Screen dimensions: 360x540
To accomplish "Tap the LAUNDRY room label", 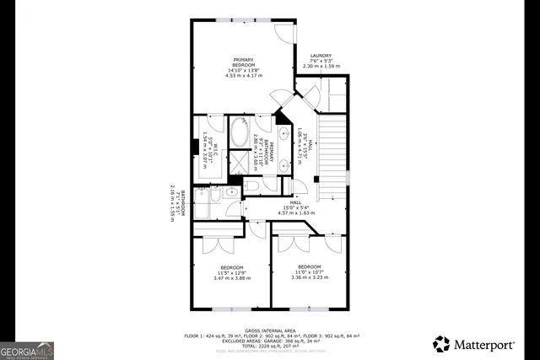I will tap(321, 56).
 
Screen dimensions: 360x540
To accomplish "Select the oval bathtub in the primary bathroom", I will tap(239, 135).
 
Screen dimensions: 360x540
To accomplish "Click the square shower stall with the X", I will tap(239, 162).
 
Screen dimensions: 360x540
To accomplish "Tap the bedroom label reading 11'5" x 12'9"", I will tap(224, 271).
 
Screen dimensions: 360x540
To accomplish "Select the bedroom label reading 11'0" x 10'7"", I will tap(309, 271).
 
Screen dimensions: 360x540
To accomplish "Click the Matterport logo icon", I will tap(441, 343).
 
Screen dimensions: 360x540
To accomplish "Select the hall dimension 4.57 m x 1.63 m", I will tap(296, 212).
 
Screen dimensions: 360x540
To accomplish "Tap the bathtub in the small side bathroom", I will tap(202, 206).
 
